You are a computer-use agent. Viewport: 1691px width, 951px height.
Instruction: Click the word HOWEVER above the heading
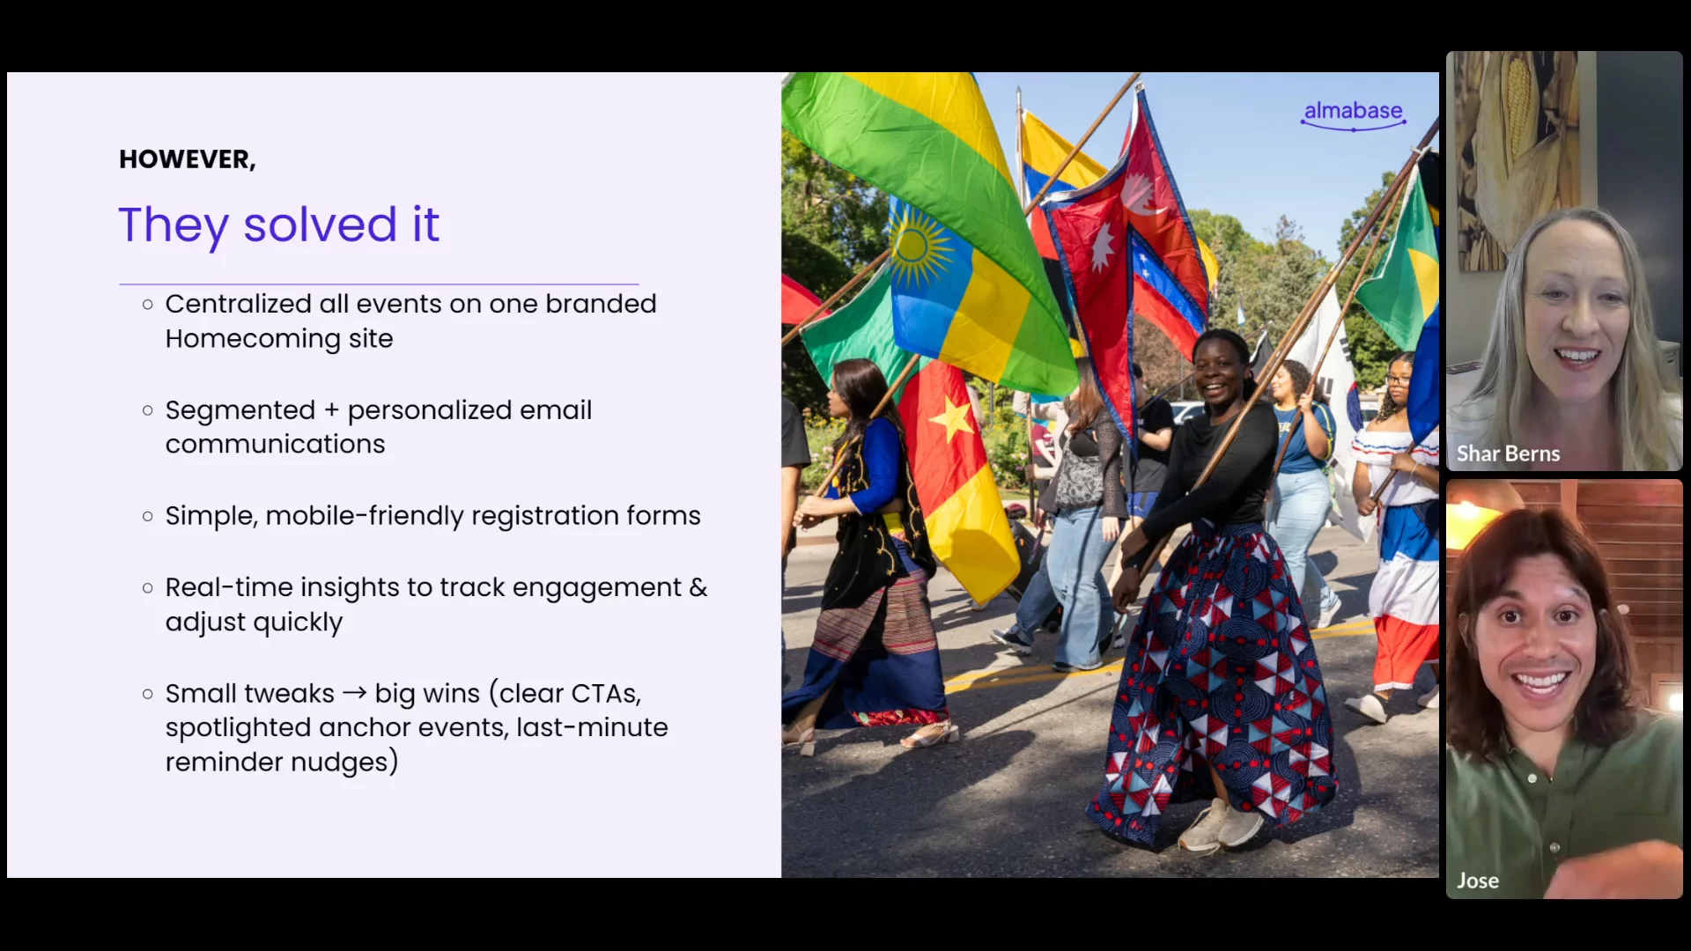pyautogui.click(x=185, y=159)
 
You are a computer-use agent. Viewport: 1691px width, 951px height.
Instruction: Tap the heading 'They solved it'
pyautogui.click(x=278, y=225)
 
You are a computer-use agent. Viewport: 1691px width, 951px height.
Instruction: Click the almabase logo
pyautogui.click(x=1353, y=114)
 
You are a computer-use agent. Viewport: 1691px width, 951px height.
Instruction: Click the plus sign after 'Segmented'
pyautogui.click(x=331, y=411)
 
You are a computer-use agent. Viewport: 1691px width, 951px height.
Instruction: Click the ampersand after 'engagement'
pyautogui.click(x=698, y=587)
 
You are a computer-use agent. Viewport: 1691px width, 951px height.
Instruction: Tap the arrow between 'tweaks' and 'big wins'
pyautogui.click(x=354, y=693)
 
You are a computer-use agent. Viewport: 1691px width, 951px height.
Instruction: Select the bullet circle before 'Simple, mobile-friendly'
pyautogui.click(x=147, y=516)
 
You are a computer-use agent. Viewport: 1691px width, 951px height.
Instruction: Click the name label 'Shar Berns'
pyautogui.click(x=1508, y=453)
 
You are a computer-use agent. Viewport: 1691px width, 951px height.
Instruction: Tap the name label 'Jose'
pyautogui.click(x=1478, y=881)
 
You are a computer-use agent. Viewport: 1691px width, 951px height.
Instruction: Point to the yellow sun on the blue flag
pyautogui.click(x=918, y=247)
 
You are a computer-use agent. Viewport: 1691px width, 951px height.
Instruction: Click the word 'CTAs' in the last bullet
pyautogui.click(x=603, y=694)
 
